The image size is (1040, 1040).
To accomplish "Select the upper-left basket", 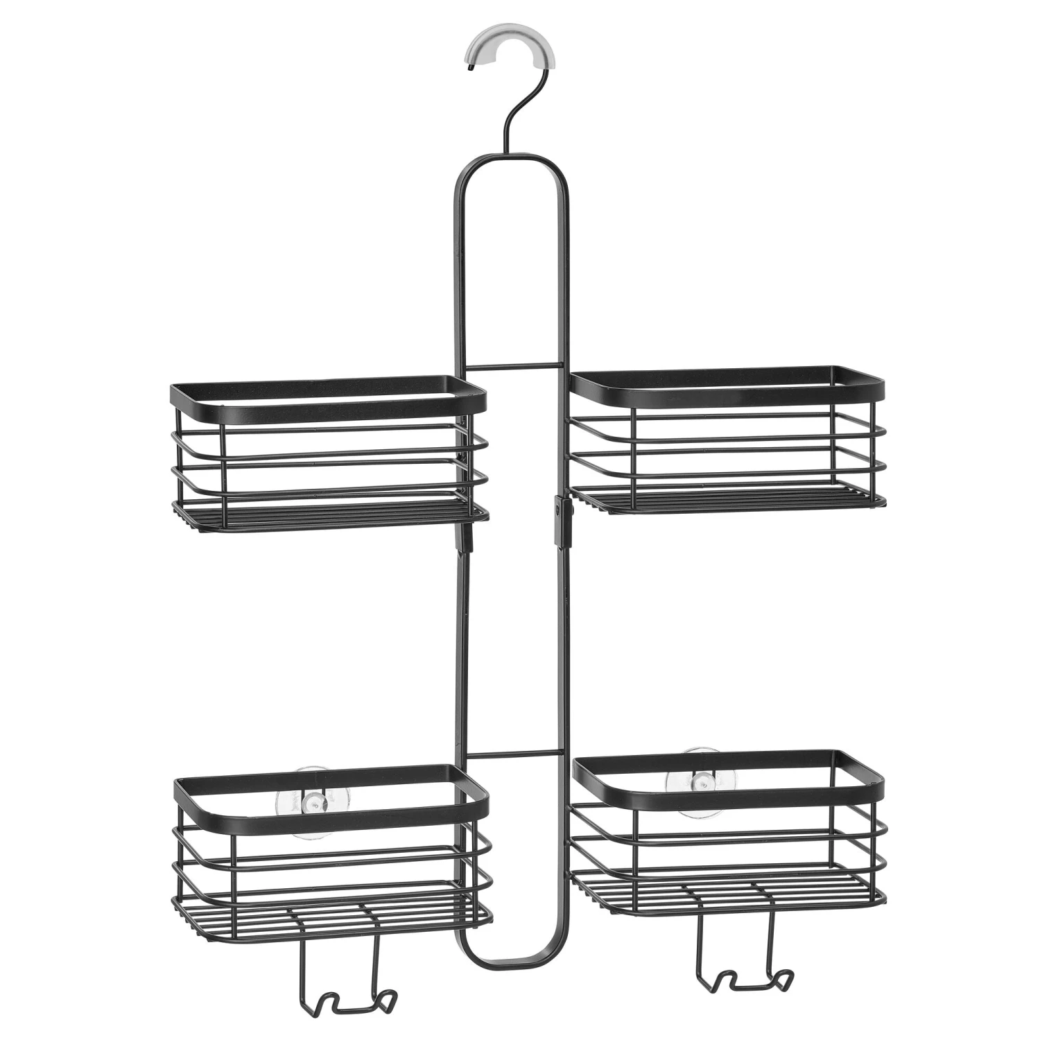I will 328,454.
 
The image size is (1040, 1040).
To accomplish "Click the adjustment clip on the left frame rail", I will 463,537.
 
